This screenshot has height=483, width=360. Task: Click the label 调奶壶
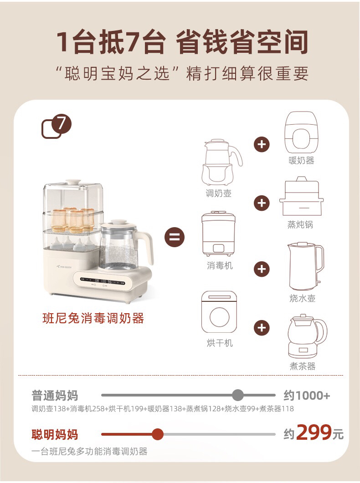click(x=218, y=193)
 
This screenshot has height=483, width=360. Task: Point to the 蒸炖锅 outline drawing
click(x=301, y=197)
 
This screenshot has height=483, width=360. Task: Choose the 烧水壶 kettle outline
click(x=305, y=266)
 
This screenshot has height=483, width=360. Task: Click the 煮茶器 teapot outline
click(x=306, y=336)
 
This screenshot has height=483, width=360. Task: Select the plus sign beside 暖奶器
click(x=262, y=145)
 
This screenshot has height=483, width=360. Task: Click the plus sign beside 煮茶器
click(x=262, y=327)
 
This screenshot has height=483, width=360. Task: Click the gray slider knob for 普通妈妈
click(x=238, y=395)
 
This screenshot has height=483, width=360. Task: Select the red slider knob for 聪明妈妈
click(x=158, y=434)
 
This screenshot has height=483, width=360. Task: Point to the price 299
click(x=314, y=433)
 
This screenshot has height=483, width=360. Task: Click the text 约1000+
click(x=306, y=396)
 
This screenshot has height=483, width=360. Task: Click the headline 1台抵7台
click(x=110, y=43)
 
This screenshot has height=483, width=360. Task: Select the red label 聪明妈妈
click(x=55, y=434)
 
